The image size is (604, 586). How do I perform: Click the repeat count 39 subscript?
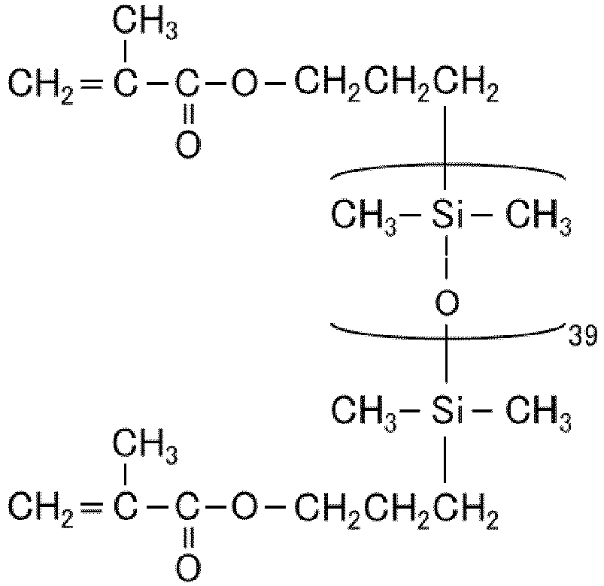[x=583, y=335]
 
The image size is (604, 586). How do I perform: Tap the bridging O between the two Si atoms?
[x=447, y=303]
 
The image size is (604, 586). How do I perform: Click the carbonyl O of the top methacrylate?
[x=188, y=145]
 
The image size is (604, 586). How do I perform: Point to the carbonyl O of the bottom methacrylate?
[x=188, y=566]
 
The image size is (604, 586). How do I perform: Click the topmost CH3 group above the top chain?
[x=145, y=24]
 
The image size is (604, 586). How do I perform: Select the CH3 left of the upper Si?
[x=363, y=216]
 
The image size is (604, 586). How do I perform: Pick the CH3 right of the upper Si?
[x=538, y=216]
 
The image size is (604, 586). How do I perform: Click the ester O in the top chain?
[x=244, y=83]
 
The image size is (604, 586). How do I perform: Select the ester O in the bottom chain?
[x=244, y=504]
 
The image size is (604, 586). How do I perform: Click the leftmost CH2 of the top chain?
[x=41, y=86]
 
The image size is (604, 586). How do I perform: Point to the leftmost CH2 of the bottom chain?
[x=41, y=508]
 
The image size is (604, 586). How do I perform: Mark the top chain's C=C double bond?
[x=92, y=84]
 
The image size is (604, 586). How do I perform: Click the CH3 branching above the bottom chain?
[x=145, y=446]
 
